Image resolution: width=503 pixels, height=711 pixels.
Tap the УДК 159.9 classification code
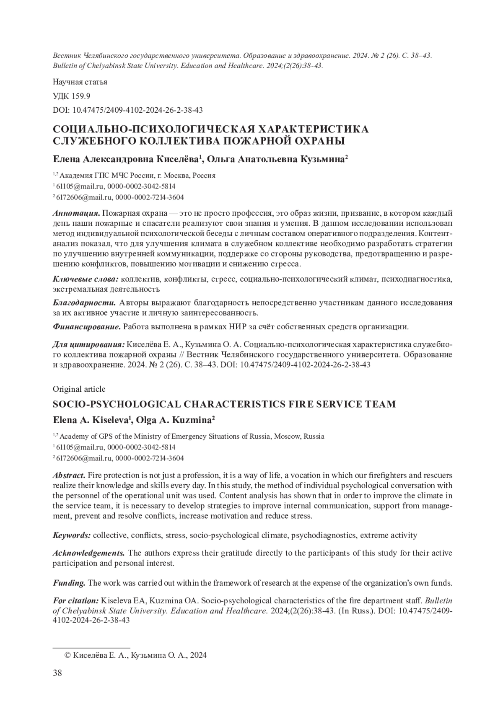click(71, 96)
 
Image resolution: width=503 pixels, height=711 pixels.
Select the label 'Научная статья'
click(80, 82)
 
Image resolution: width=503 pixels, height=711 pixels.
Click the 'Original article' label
click(79, 389)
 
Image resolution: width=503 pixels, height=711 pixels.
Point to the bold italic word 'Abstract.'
click(69, 476)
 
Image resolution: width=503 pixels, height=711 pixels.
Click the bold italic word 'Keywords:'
click(72, 535)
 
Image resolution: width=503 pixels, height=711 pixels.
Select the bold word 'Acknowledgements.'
click(88, 553)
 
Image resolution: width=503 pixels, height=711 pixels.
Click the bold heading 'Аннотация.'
click(76, 213)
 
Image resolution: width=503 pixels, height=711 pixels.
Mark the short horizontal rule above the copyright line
click(91, 648)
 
